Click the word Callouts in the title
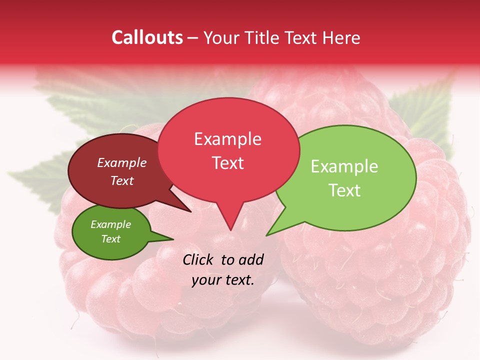coord(147,37)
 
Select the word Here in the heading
coord(341,37)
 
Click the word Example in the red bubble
coord(227,139)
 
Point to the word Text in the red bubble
coord(227,163)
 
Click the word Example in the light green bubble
coord(344,166)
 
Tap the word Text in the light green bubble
coord(344,190)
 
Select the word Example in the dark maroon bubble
coord(122,162)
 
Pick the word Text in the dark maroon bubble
coord(122,180)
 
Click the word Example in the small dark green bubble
coord(110,224)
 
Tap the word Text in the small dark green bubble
coord(110,239)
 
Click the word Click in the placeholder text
coord(199,259)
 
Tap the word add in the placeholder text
coord(250,259)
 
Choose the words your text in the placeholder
coord(223,279)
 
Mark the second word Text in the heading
coord(303,37)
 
